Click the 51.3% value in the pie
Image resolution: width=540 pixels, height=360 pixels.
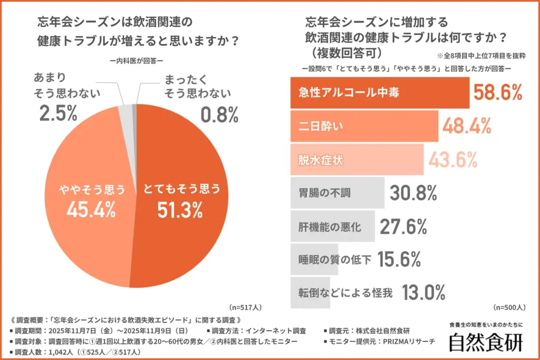coord(180,210)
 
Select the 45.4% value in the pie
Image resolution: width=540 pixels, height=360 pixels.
coord(91,210)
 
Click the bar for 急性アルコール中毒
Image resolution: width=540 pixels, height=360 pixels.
coord(380,93)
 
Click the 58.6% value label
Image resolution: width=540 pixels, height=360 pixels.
coord(497,93)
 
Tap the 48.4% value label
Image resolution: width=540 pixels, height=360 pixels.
coord(467,127)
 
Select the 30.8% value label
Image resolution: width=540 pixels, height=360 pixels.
coord(413,193)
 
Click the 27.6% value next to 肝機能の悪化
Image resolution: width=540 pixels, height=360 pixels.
coord(403,227)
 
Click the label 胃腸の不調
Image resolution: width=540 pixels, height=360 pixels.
coord(322,193)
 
